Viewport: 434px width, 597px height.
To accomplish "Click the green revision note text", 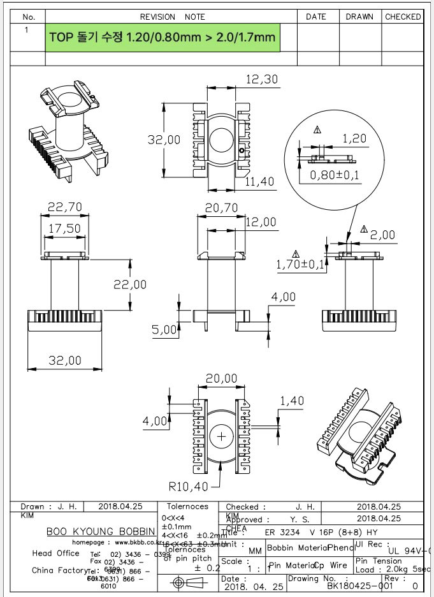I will [163, 38].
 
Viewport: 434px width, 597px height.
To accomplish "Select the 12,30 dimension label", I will [261, 79].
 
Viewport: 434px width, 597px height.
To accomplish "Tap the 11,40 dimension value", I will [259, 182].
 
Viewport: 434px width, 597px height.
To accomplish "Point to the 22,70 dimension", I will [65, 207].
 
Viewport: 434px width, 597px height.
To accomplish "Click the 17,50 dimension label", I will [65, 228].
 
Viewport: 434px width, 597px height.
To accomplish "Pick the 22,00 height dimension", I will [130, 284].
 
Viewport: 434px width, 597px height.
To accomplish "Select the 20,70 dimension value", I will [222, 207].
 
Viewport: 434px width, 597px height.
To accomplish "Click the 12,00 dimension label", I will [261, 222].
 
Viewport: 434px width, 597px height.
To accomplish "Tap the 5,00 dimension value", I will [164, 330].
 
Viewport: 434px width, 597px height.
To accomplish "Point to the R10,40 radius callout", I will [190, 487].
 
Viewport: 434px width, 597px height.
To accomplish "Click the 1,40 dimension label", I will [292, 401].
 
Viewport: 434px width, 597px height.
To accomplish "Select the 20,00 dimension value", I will [221, 379].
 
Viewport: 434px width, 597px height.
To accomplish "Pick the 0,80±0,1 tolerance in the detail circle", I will [335, 174].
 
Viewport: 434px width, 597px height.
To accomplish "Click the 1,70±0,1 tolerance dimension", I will [300, 264].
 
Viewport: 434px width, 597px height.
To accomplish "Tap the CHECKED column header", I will [403, 17].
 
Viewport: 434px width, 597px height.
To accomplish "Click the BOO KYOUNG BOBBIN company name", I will [101, 531].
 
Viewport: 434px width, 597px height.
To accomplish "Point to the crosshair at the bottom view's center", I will [222, 437].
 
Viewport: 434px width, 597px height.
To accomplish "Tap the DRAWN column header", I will [359, 17].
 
